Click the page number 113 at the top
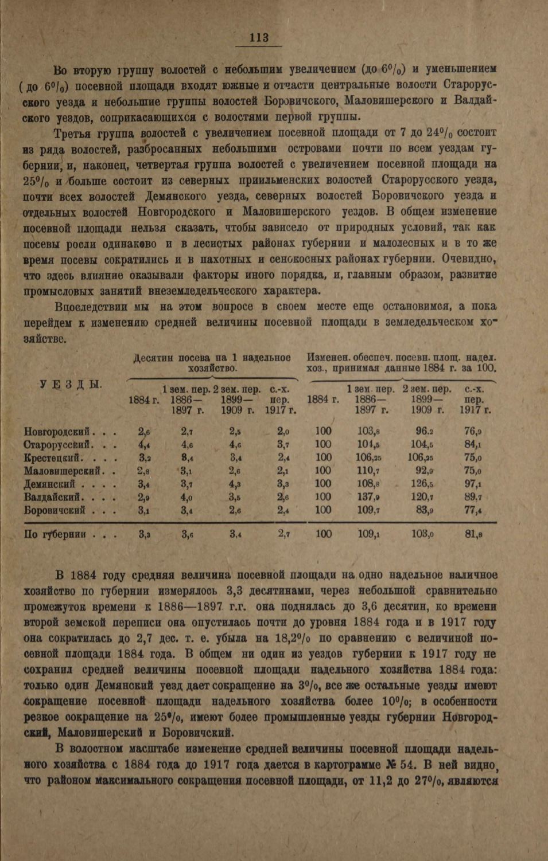[259, 38]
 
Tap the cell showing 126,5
[422, 483]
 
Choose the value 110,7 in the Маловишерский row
[368, 470]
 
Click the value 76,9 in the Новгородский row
[473, 432]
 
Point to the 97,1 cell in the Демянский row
[473, 483]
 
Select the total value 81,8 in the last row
[473, 534]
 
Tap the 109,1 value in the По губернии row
[368, 534]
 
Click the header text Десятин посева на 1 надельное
[212, 358]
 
